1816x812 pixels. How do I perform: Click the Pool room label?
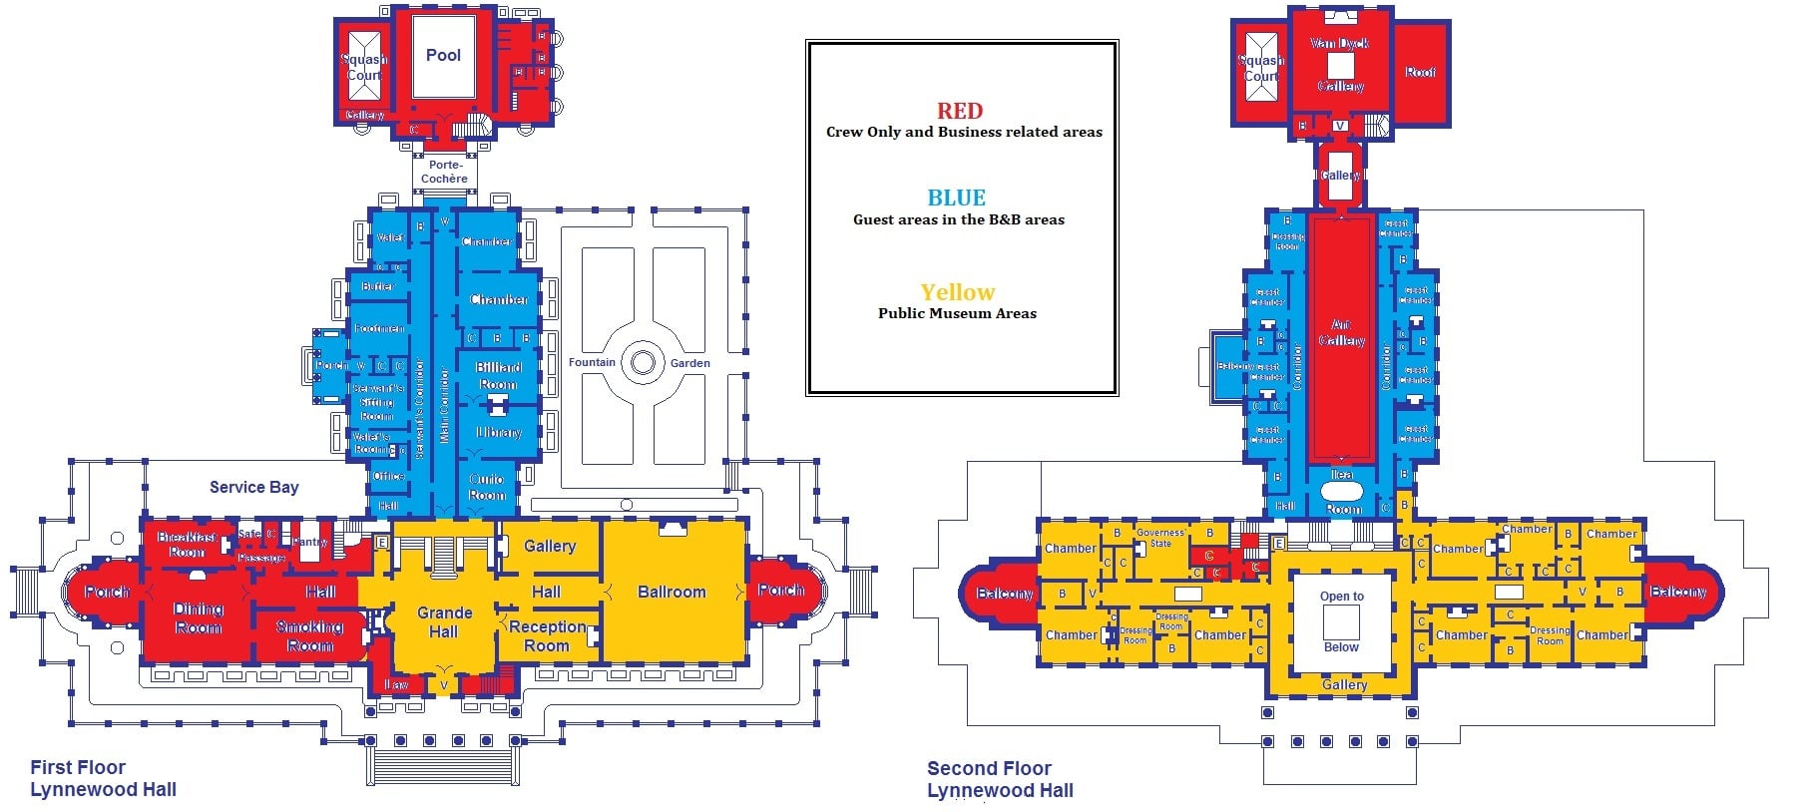click(x=443, y=56)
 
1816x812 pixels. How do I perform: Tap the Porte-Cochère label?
click(x=444, y=172)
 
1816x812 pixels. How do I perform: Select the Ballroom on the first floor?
click(x=672, y=592)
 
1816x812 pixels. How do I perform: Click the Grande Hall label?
click(x=444, y=621)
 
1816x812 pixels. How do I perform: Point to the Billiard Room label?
click(x=498, y=375)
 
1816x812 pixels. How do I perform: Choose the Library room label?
click(x=498, y=433)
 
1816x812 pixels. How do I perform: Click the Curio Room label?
click(x=487, y=487)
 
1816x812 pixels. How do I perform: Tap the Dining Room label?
click(x=199, y=617)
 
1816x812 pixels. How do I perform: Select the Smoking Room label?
click(x=309, y=635)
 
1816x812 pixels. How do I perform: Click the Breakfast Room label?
click(x=187, y=544)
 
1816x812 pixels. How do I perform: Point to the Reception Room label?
click(x=547, y=635)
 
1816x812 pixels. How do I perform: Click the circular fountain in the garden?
click(x=643, y=362)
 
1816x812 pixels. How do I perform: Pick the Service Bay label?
click(x=253, y=487)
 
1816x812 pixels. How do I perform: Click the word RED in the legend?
click(x=959, y=111)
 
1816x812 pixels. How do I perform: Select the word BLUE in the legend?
click(x=956, y=198)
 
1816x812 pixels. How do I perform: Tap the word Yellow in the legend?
click(x=957, y=292)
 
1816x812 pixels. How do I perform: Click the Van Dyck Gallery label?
click(x=1339, y=64)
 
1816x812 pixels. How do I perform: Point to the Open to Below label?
click(x=1341, y=620)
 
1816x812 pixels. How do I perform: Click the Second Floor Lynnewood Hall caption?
click(x=1000, y=779)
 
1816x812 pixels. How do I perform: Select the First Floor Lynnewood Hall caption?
click(x=103, y=778)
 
